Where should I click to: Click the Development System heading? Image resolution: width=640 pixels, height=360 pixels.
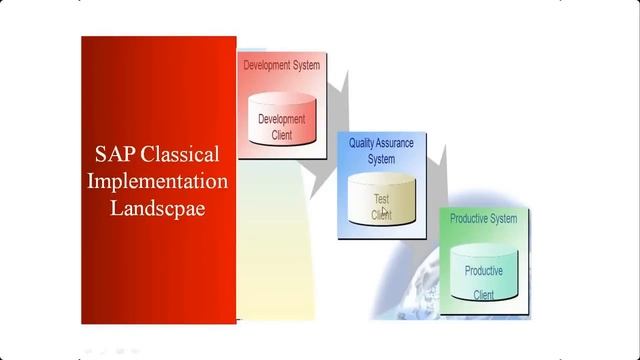click(281, 65)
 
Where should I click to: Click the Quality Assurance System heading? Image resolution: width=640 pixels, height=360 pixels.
click(381, 151)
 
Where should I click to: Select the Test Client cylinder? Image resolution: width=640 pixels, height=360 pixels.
click(381, 199)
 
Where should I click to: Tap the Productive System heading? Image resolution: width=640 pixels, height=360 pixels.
click(483, 218)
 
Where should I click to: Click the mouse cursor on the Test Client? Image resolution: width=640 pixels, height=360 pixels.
click(383, 211)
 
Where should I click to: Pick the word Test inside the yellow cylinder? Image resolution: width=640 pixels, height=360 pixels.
click(381, 198)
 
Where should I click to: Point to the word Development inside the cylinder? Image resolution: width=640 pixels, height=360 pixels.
click(281, 119)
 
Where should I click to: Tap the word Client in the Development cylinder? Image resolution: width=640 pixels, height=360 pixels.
click(281, 135)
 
